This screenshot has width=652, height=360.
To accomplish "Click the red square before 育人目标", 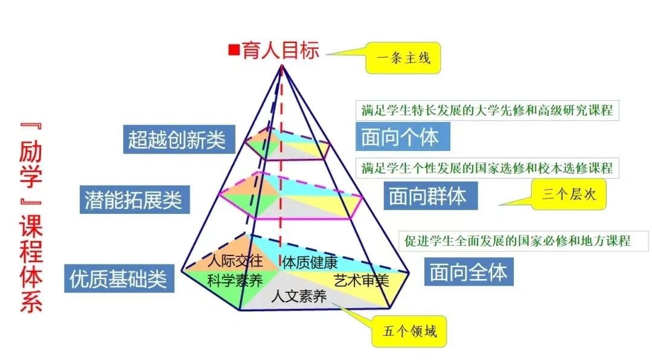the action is point(234,50).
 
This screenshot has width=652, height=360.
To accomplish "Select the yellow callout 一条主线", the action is point(403,58).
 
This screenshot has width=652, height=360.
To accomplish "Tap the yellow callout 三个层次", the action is point(569,194).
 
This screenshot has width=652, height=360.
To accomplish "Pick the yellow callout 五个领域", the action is point(409,331).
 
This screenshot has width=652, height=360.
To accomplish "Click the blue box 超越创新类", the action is point(179,140).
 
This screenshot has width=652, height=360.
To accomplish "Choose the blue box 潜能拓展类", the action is point(135,200).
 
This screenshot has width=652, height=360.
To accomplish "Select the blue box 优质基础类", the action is point(120,278).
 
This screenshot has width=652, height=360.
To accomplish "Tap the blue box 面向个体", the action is point(403,137).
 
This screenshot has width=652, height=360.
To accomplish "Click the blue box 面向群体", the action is point(430,196).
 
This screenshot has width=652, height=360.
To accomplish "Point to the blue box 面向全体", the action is point(468,272).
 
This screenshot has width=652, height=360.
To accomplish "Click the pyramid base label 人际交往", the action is point(235,261).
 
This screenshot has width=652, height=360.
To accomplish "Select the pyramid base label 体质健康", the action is point(310,263).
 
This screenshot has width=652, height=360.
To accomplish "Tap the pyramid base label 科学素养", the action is point(235,280).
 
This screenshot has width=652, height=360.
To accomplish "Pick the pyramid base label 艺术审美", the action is point(362,281).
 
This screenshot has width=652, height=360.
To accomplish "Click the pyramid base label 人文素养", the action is point(299,297).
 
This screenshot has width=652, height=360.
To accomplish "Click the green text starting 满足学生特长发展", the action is point(487,111).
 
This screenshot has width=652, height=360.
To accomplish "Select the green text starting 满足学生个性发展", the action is point(487,168).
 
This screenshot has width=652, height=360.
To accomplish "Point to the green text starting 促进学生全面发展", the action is point(517,241).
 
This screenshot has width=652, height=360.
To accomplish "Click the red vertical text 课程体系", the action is point(31,263).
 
